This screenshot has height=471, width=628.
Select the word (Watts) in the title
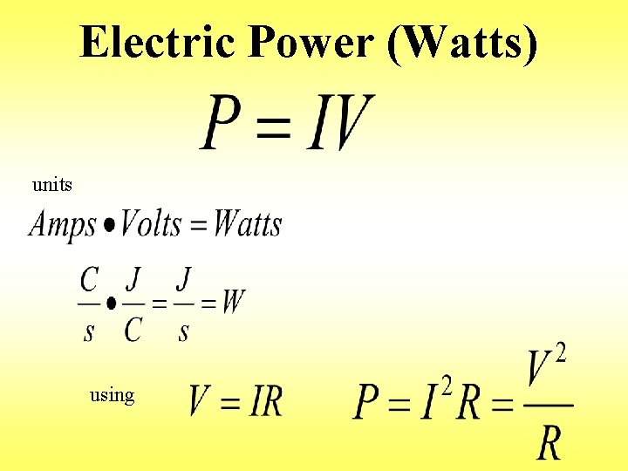click(x=461, y=42)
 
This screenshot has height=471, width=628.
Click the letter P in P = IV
click(x=222, y=123)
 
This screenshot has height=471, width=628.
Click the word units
click(x=52, y=185)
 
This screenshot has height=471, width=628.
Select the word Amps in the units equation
click(x=62, y=225)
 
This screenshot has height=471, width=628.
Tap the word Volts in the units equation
click(x=150, y=224)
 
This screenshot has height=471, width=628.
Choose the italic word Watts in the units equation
click(x=248, y=224)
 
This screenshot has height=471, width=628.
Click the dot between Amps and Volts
click(x=109, y=226)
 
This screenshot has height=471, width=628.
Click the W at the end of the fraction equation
click(x=233, y=303)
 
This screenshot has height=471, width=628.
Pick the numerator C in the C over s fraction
click(x=89, y=280)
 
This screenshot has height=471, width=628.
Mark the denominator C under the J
click(x=133, y=330)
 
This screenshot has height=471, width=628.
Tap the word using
click(x=113, y=395)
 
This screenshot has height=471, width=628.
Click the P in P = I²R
click(x=366, y=402)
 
